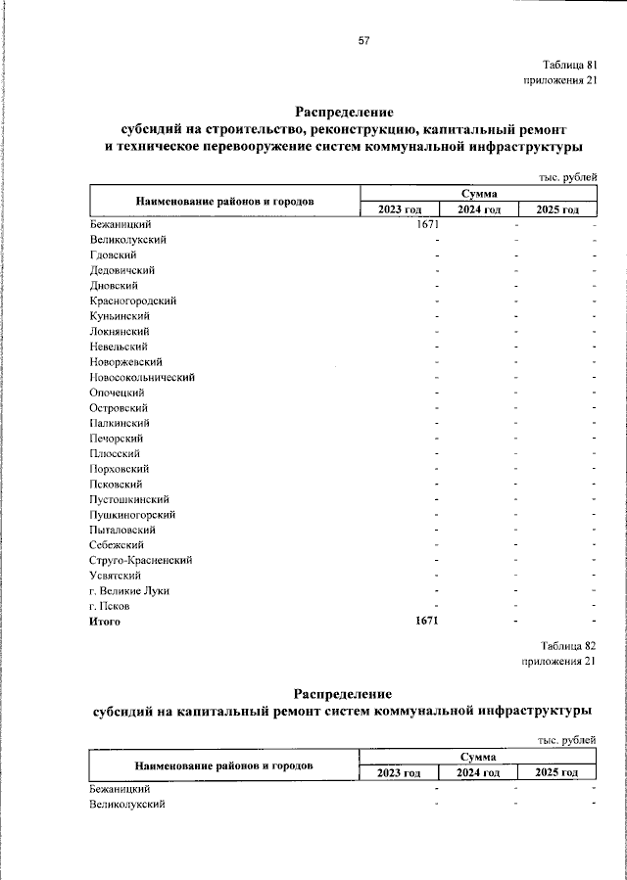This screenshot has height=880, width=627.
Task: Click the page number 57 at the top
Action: (363, 40)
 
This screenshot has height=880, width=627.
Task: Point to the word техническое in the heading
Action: (166, 147)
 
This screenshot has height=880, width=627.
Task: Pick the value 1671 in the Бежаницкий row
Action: (427, 225)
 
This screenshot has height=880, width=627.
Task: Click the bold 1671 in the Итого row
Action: (426, 622)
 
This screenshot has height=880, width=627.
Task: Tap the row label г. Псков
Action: (108, 606)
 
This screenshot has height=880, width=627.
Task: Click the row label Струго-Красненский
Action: (139, 560)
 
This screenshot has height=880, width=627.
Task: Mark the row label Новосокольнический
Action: (141, 377)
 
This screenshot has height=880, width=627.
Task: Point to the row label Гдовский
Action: (113, 255)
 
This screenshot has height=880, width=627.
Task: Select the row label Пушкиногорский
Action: (131, 514)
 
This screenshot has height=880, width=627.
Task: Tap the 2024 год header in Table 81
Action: (479, 209)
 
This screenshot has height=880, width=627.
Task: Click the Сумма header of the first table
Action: (479, 194)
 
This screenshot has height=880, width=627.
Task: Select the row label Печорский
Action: (117, 438)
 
